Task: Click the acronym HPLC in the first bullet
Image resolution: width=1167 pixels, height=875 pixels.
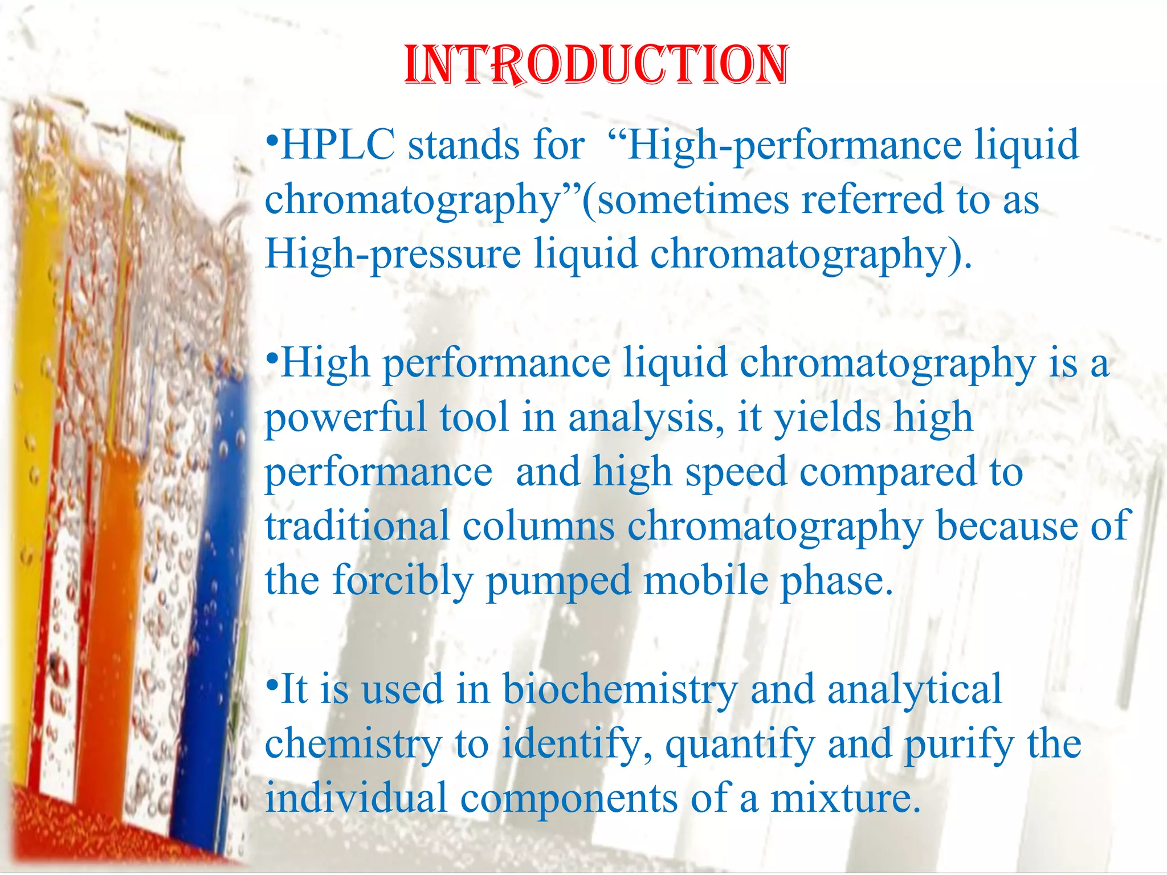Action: point(338,145)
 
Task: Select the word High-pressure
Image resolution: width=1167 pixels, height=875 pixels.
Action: point(393,254)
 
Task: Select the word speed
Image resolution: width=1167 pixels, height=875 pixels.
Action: point(736,472)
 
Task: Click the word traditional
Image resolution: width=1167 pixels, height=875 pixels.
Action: point(357,526)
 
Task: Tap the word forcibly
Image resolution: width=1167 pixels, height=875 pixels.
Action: point(402,580)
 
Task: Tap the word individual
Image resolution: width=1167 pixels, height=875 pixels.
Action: point(356,798)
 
